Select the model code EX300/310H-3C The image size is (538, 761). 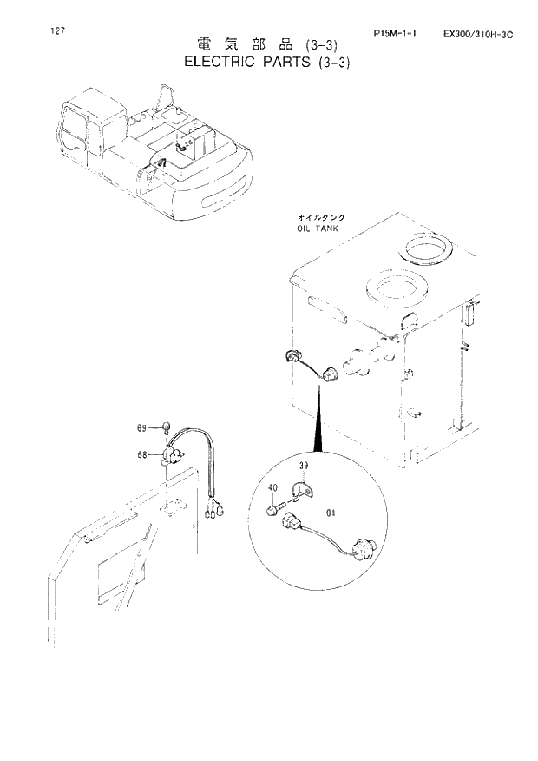click(477, 34)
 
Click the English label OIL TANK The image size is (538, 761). click(317, 228)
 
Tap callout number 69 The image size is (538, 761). click(142, 427)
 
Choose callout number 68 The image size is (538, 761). click(142, 452)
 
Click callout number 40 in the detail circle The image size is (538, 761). click(271, 488)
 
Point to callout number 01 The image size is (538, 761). click(331, 513)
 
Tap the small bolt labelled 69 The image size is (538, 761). click(162, 427)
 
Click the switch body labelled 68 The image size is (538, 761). click(172, 453)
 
